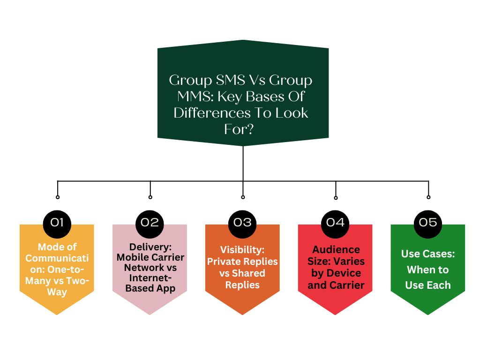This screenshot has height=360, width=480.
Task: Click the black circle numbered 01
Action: tap(57, 224)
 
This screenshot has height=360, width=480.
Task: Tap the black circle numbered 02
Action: tap(150, 224)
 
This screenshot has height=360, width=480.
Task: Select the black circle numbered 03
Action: tap(242, 224)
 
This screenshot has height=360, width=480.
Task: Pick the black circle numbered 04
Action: tap(335, 224)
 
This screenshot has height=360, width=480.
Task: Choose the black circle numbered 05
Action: tap(428, 224)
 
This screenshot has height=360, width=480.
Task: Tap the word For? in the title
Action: tap(239, 129)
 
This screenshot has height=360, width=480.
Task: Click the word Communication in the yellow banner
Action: tap(57, 263)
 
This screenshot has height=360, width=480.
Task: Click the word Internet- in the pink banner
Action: tap(150, 278)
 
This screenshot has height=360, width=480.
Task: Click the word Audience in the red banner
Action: tap(336, 249)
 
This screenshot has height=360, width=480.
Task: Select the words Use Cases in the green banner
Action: tap(428, 254)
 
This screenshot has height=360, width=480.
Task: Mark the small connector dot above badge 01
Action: tap(58, 197)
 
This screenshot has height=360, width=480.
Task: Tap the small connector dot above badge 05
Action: tap(428, 197)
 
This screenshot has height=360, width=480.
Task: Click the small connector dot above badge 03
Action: tap(243, 197)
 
